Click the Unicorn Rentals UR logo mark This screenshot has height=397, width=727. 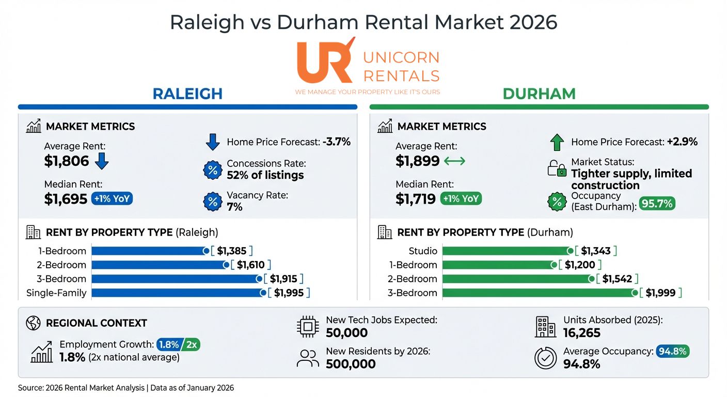coord(324,61)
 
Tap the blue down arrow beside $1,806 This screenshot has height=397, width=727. coord(102,161)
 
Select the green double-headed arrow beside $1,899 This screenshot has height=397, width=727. coord(454,161)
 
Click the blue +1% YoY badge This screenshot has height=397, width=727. coord(112,198)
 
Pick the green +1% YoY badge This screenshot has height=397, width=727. coord(461,198)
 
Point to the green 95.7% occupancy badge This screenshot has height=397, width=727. coord(657,203)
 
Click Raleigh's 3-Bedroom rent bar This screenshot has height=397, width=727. coord(176,279)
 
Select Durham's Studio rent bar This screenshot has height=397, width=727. coord(505,251)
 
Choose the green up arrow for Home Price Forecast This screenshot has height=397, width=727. coord(557,142)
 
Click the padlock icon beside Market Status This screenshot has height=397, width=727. coord(557,169)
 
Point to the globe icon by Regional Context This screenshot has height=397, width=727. coord(33,323)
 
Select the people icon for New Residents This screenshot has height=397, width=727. coord(308,358)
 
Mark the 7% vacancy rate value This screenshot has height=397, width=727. coord(234,207)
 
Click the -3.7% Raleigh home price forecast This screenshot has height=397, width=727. coord(337,142)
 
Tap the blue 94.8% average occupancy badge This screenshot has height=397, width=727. coord(672,352)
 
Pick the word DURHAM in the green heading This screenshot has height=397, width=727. coord(539,94)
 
